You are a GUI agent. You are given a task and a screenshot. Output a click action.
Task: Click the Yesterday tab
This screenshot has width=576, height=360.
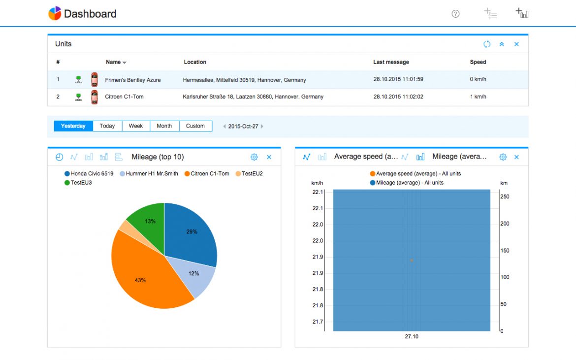point(73,126)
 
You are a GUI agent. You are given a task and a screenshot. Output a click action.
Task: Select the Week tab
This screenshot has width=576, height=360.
point(136,126)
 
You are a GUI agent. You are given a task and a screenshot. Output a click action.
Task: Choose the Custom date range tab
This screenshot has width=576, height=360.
point(195,126)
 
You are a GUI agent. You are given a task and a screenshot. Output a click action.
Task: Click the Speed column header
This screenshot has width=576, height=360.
point(478,62)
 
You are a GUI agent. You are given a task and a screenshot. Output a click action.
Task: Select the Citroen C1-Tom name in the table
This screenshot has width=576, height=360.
point(124,97)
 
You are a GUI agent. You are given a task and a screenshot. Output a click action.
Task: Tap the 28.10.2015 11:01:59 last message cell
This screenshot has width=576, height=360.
point(398,79)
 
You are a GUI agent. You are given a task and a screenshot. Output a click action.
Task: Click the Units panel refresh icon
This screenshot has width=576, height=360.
point(487,44)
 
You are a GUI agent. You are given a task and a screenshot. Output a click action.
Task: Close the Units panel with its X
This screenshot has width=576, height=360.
point(516,44)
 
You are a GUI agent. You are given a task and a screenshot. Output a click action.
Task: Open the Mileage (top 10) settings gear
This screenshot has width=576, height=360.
point(254,157)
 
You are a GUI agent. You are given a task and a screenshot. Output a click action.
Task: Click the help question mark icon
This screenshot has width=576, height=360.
point(455,14)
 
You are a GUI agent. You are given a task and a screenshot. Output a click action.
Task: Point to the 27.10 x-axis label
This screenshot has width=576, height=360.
point(412,337)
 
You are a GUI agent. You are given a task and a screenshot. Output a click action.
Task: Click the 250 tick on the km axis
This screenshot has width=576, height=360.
point(505,196)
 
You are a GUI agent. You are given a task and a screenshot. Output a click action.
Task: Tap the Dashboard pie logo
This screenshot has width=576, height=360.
point(55,14)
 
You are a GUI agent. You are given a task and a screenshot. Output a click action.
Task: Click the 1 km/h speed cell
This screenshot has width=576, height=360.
point(478,97)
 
